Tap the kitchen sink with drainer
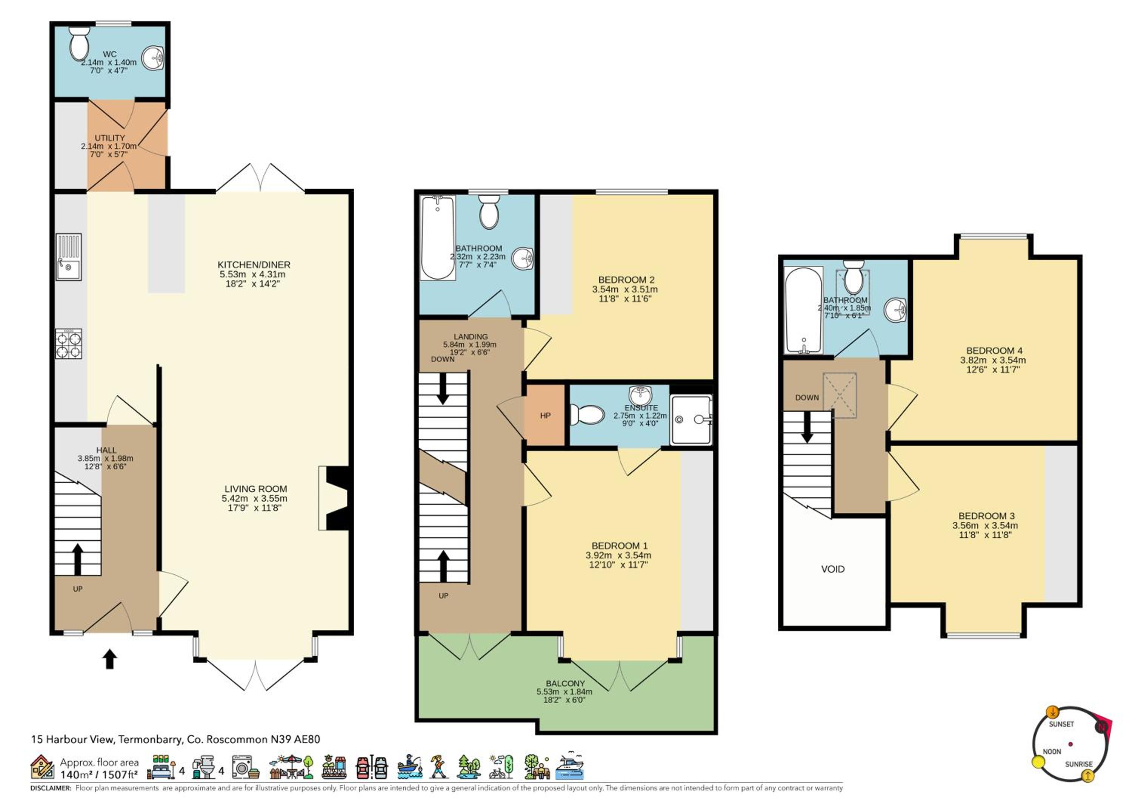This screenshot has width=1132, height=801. (69, 257)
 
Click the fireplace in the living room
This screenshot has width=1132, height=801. (334, 498)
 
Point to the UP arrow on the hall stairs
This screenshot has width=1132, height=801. (77, 559)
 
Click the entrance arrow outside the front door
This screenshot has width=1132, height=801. (109, 659)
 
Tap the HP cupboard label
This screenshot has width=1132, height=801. (545, 416)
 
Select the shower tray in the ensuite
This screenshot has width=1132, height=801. (691, 419)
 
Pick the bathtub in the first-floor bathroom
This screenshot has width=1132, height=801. (437, 238)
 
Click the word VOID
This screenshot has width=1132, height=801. (833, 569)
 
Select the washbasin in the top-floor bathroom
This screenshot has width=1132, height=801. (895, 310)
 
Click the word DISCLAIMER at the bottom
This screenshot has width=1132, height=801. (51, 788)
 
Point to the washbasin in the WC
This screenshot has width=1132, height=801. (153, 58)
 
